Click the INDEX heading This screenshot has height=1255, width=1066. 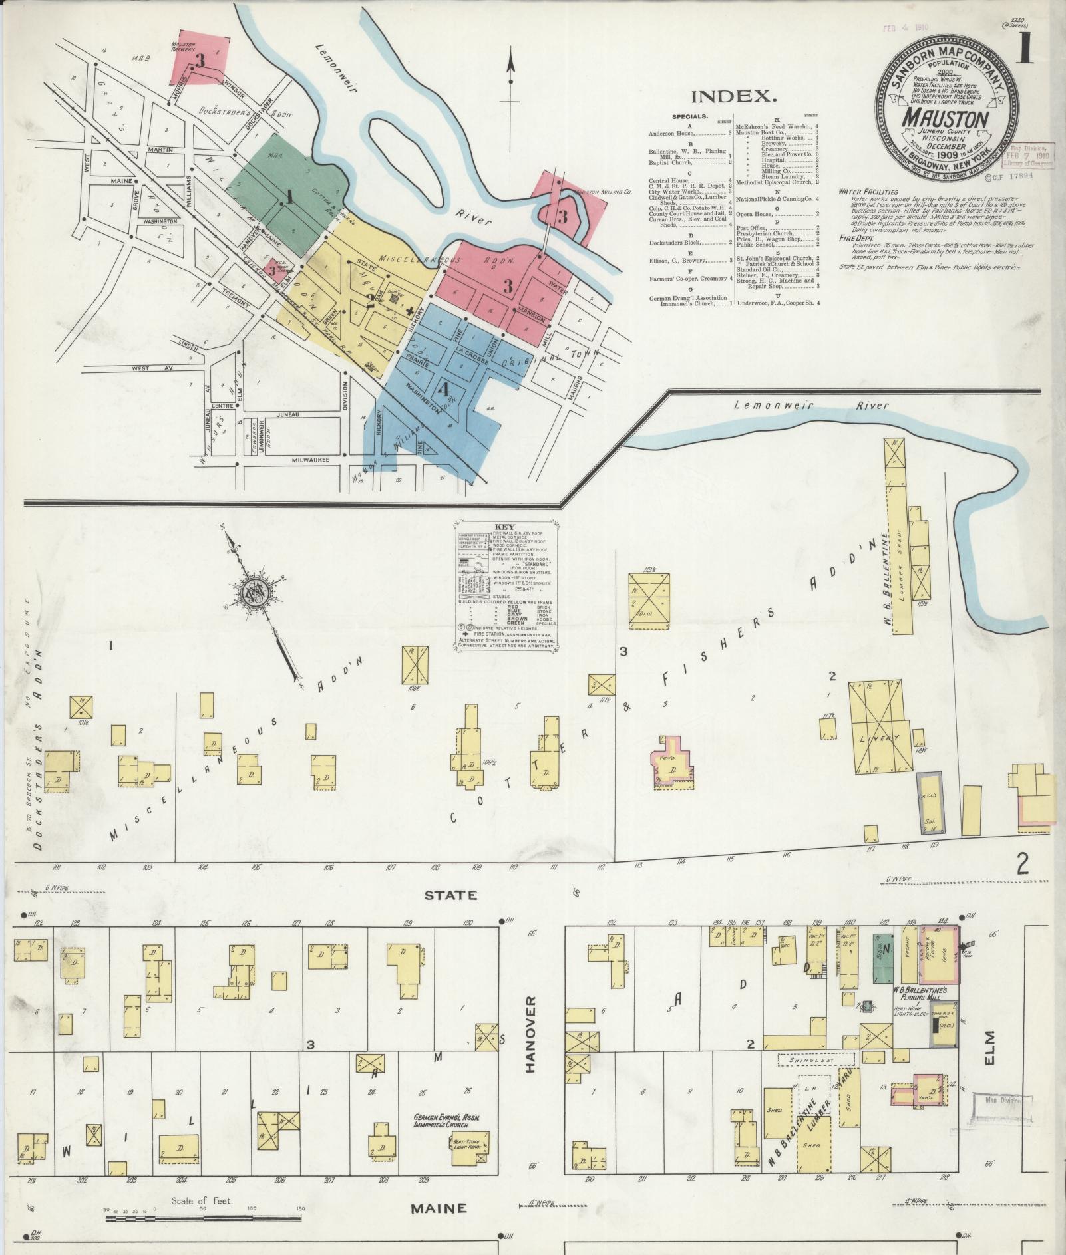tap(734, 96)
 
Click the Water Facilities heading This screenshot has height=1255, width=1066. tap(868, 192)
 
